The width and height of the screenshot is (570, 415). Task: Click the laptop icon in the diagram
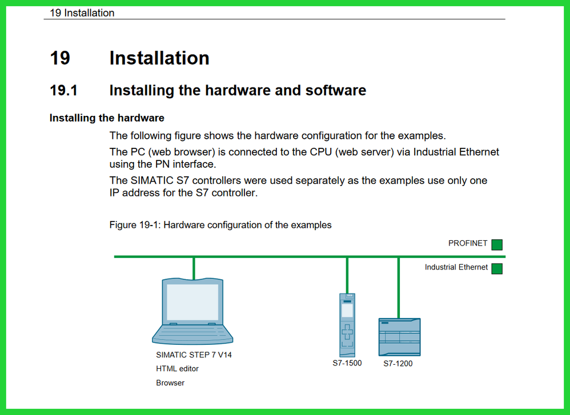coord(192,311)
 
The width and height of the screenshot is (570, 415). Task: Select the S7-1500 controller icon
coord(347,325)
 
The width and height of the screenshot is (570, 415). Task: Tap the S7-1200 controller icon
coord(399,337)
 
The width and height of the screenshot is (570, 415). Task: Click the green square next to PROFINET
coord(497,244)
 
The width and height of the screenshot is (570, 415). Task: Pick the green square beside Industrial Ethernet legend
coord(497,268)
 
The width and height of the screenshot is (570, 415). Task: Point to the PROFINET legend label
coord(468,243)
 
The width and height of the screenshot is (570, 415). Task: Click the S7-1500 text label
coord(347,363)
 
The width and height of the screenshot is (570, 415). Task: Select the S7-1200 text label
coord(398,364)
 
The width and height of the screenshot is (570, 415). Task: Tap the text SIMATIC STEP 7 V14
coord(194,354)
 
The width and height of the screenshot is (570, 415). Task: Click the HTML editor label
coord(177,369)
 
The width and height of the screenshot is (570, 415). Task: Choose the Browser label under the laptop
coord(170,383)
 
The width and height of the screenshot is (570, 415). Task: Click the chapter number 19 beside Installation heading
coord(60,58)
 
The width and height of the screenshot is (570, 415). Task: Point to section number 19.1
coord(63,90)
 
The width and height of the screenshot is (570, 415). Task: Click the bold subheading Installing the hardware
coord(107,118)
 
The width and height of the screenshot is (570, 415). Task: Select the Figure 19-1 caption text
coord(220,225)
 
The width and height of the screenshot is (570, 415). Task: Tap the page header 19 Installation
coord(82,13)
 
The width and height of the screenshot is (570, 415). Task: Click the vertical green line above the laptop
coord(194,268)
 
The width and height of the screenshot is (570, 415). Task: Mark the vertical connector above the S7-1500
coord(347,275)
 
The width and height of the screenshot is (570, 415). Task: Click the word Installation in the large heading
coord(159,58)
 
